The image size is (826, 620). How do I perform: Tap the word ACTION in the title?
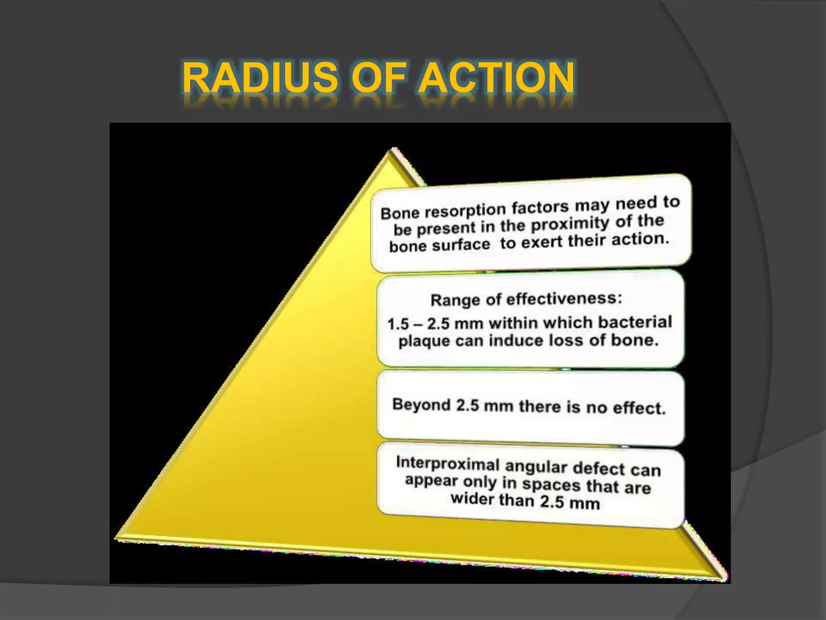(x=496, y=77)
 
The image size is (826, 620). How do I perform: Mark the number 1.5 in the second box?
(x=398, y=324)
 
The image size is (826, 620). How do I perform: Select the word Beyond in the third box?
(x=421, y=404)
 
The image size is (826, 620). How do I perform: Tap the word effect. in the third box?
(x=639, y=408)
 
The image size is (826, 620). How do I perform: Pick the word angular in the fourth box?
(x=536, y=467)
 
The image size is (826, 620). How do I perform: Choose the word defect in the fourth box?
(x=599, y=468)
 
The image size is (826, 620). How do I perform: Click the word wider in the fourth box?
(x=472, y=499)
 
